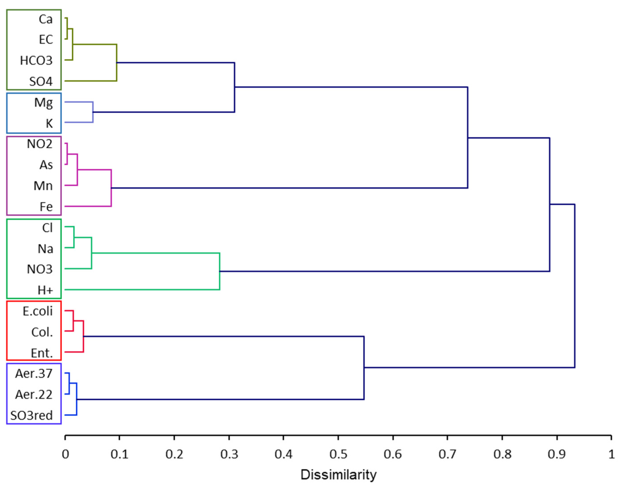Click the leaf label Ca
pos(46,19)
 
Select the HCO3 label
pos(36,61)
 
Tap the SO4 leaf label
pos(41,82)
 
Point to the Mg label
pos(43,102)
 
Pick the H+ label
pos(45,290)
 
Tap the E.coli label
pos(37,311)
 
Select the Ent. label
pos(42,353)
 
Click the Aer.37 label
pos(34,374)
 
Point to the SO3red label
pos(31,415)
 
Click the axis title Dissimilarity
pos(338,475)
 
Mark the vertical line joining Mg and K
pos(93,112)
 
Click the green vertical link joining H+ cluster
pos(220,271)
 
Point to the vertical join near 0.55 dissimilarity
pos(364,368)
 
